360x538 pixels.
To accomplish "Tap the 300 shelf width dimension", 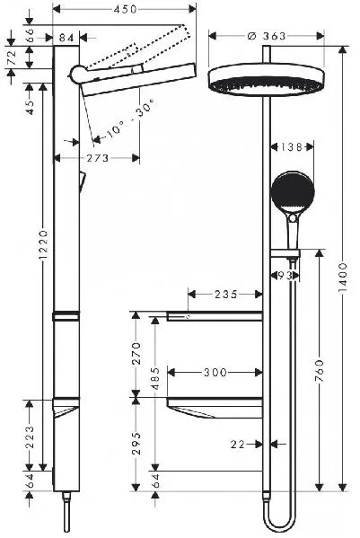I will (x=214, y=370).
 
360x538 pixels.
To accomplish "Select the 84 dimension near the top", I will (x=66, y=37).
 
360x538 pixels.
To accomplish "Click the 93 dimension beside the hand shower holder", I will (x=285, y=275).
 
